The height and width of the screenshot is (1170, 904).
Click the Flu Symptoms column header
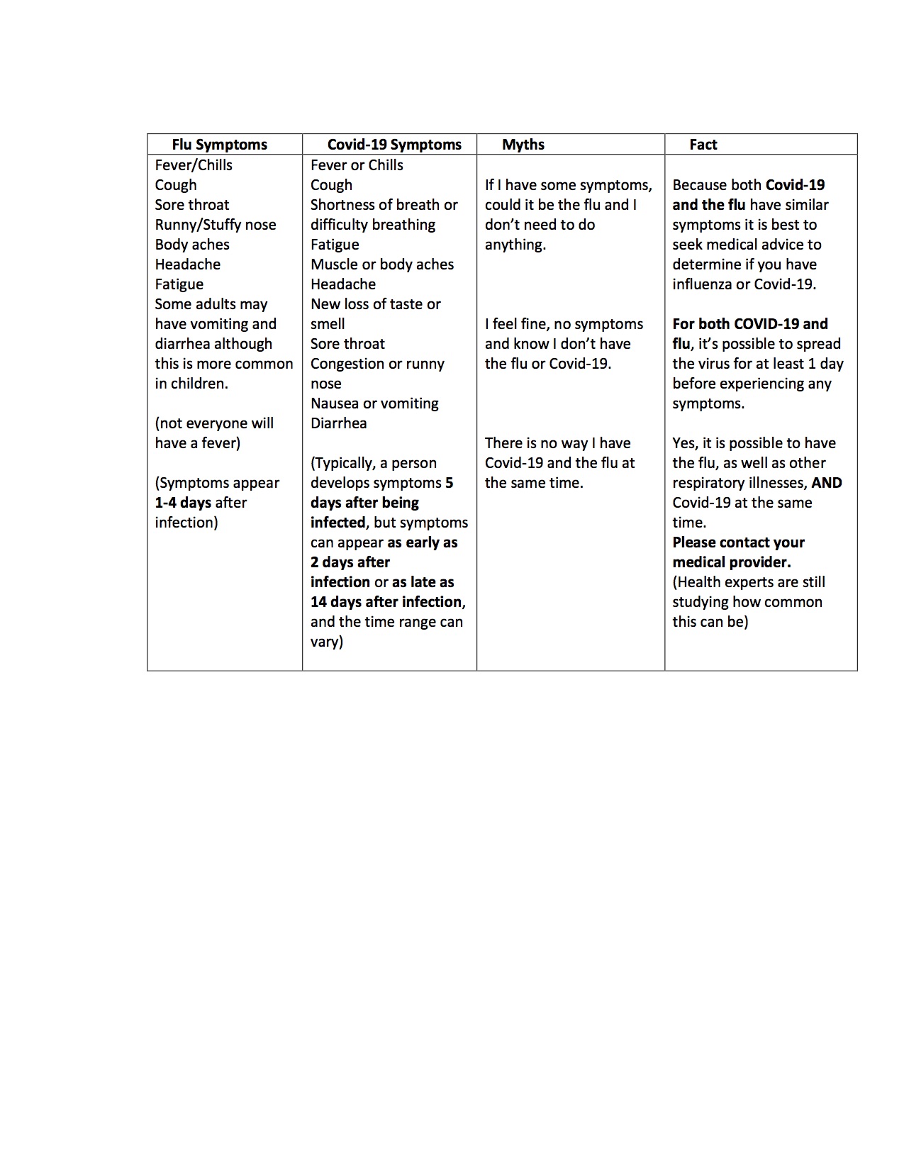coord(219,145)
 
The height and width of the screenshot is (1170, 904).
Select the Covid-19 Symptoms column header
coord(394,145)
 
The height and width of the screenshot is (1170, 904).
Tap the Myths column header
coord(523,145)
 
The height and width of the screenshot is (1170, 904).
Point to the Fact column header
coord(703,145)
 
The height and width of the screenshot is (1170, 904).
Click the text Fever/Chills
coord(194,165)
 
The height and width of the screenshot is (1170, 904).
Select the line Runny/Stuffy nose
coord(216,225)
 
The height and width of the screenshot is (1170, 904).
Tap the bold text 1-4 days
coord(183,503)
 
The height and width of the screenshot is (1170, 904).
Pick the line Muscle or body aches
coord(382,264)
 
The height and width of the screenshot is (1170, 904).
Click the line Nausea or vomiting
coord(374,403)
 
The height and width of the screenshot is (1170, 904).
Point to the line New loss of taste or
coord(376,304)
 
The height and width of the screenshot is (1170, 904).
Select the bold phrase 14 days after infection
coord(386,602)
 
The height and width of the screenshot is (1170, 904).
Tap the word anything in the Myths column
coord(514,245)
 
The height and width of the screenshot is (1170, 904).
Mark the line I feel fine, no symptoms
coord(564,324)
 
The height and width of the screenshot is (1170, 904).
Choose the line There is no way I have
coord(558,443)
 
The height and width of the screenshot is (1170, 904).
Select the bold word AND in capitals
coord(827,483)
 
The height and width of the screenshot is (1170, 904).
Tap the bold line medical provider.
coord(732,562)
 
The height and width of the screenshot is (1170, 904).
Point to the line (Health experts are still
coord(749,582)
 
